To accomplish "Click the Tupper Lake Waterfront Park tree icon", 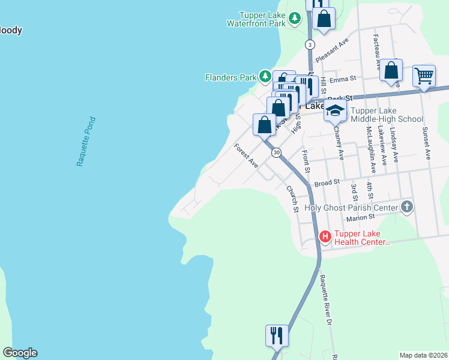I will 294,19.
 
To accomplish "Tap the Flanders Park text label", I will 231,77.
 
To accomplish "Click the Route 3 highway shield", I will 310,44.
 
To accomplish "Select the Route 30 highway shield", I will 276,153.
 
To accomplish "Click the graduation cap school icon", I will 336,111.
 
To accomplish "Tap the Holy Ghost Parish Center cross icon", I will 407,208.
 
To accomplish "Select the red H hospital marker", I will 325,237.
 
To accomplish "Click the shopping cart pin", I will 424,76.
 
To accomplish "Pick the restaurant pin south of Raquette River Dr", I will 277,335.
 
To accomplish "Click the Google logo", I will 19,353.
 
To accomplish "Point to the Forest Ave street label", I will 246,155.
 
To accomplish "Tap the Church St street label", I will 292,199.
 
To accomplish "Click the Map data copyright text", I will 423,355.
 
